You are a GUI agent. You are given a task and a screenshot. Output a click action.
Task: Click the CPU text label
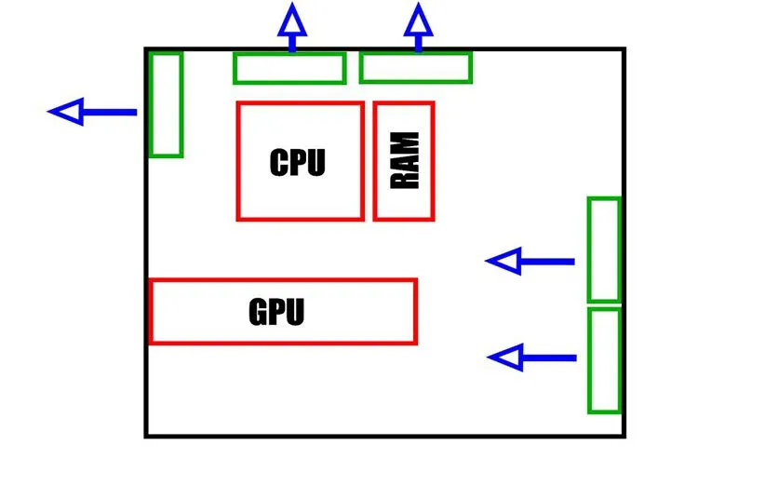tap(298, 162)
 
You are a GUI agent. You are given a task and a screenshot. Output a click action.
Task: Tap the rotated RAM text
tap(405, 161)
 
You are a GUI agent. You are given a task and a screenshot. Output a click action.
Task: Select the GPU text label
tap(276, 311)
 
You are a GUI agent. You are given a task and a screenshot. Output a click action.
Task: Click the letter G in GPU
tap(259, 311)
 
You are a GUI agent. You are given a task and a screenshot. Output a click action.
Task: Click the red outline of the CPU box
tap(238, 161)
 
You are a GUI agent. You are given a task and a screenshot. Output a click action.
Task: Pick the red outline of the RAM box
tap(375, 161)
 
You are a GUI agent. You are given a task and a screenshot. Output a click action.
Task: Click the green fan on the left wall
tap(166, 104)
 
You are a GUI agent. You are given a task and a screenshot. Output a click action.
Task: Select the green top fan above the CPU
tap(289, 68)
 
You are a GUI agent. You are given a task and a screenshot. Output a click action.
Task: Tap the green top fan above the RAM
tap(416, 67)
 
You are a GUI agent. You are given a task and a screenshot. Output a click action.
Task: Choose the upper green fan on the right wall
tap(603, 250)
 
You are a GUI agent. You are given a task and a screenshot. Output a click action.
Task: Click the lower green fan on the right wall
tap(604, 360)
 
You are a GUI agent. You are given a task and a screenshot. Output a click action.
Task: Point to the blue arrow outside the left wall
tap(93, 113)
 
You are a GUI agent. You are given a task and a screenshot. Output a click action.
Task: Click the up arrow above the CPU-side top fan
tap(292, 27)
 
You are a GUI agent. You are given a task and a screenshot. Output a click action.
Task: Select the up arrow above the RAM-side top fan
tap(418, 27)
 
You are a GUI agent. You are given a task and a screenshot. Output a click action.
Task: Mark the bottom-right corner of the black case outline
tap(623, 435)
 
